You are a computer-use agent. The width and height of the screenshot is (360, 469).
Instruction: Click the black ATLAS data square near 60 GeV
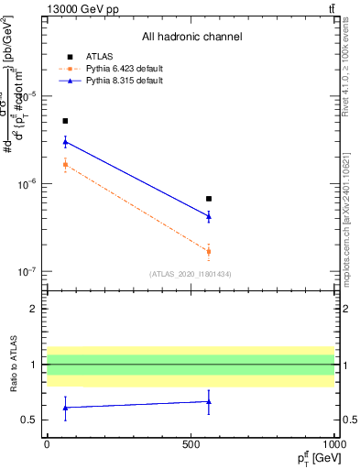(65, 121)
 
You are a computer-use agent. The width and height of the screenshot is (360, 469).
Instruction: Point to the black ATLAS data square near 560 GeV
(209, 199)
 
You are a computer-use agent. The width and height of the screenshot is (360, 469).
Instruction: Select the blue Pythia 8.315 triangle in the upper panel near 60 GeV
(65, 141)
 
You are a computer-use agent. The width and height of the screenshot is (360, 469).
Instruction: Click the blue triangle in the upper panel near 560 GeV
(209, 216)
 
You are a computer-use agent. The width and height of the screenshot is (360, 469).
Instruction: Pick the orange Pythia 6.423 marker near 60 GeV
(65, 165)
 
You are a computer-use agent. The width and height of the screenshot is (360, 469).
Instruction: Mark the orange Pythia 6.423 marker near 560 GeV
(209, 251)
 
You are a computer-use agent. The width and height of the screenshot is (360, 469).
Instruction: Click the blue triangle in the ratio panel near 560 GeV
(209, 401)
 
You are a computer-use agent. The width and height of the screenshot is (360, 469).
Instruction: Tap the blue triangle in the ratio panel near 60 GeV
(65, 407)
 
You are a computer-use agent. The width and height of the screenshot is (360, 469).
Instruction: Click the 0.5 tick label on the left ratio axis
(30, 420)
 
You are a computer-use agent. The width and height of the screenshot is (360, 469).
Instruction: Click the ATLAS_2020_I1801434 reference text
(191, 274)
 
